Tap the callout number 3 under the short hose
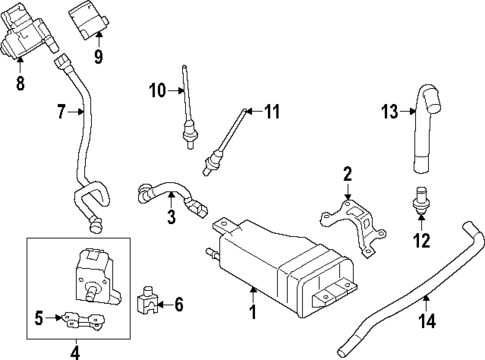pos(171,217)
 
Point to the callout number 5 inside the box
pos(39,319)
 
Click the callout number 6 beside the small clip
pos(180,303)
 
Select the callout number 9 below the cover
pos(97,58)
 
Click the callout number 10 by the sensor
pos(156,91)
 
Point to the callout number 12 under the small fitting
pos(421,241)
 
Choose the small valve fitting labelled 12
pos(420,204)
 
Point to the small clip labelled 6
pos(151,298)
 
